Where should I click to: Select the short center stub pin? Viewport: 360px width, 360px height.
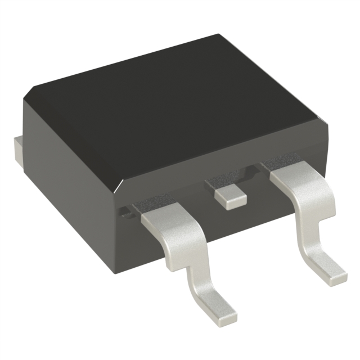tap(231, 198)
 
